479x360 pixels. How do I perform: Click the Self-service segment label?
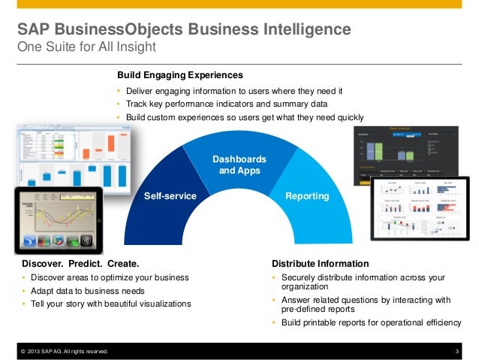(170, 196)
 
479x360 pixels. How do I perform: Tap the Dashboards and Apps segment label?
(239, 165)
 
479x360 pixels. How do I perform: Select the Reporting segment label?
(307, 196)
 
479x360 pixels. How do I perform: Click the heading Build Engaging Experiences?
(180, 76)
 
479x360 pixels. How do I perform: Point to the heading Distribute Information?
(320, 264)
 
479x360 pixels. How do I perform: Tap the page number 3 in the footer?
(456, 352)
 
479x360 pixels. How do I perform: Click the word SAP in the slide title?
(34, 30)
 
